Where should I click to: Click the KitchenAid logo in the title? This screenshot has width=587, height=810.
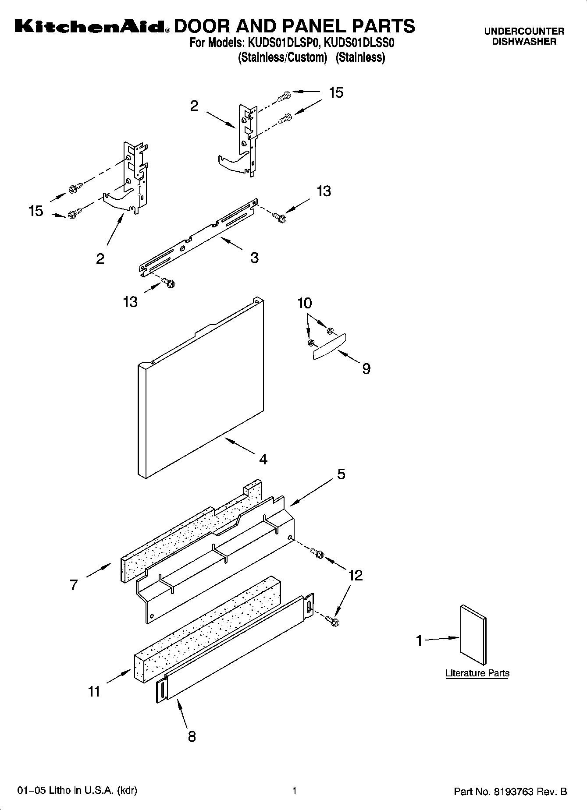click(90, 27)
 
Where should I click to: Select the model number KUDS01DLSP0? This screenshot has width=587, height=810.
click(278, 43)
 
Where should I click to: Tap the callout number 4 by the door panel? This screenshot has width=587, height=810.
click(263, 459)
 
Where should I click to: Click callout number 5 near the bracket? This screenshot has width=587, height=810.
click(341, 474)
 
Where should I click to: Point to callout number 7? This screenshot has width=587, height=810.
click(73, 585)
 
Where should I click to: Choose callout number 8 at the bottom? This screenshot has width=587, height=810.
click(192, 736)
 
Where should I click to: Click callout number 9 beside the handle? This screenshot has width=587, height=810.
click(366, 369)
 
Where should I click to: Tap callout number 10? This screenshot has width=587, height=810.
click(305, 303)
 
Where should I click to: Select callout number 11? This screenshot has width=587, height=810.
click(94, 692)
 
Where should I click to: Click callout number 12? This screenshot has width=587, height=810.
click(355, 575)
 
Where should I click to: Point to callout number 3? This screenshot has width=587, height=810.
click(254, 258)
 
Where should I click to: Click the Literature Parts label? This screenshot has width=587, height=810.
click(477, 673)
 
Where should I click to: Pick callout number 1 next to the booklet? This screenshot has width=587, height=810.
click(419, 640)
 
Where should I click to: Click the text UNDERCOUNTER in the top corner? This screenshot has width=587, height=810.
click(524, 32)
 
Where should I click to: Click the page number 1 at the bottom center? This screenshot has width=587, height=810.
click(294, 791)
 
